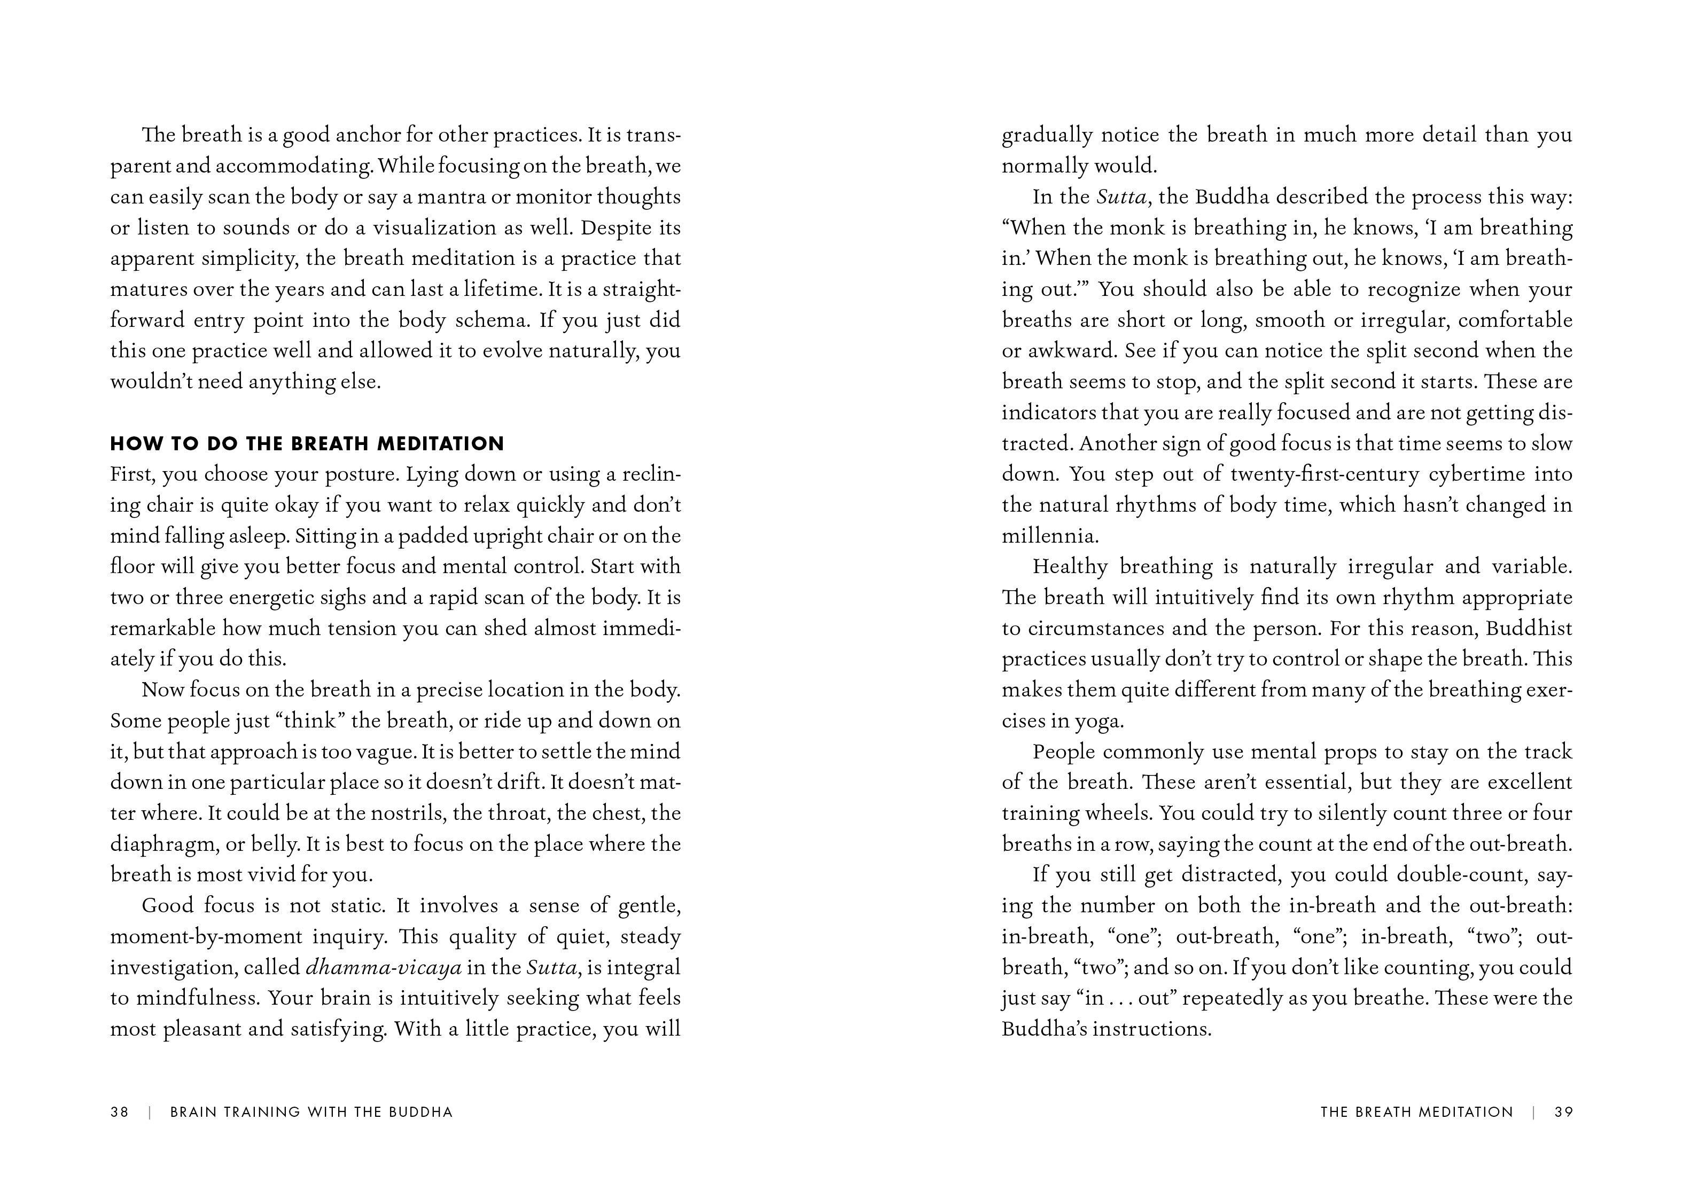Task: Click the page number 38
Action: point(120,1111)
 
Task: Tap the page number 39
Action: point(1563,1111)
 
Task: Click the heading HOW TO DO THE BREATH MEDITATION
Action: point(307,443)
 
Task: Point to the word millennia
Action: point(1050,536)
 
